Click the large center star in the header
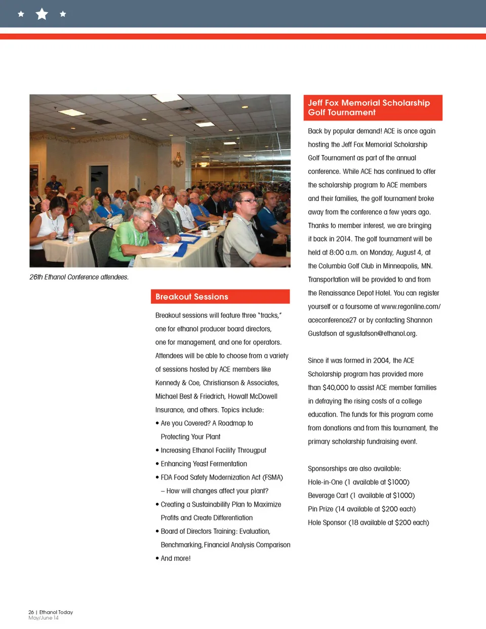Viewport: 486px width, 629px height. coord(42,14)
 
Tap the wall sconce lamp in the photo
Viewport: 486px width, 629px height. coord(178,160)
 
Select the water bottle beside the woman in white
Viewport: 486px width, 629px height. coord(71,234)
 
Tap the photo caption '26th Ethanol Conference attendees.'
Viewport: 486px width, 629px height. coord(79,277)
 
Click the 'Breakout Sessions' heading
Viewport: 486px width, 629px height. coord(192,297)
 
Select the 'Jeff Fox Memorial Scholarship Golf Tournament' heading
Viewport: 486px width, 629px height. coord(369,107)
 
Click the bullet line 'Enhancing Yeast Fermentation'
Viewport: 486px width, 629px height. coord(204,464)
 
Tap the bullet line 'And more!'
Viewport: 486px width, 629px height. coord(175,558)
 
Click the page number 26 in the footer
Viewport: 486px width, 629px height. coord(31,612)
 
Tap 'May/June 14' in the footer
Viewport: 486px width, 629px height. coord(44,618)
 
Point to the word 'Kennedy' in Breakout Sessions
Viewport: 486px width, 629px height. coord(168,383)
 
